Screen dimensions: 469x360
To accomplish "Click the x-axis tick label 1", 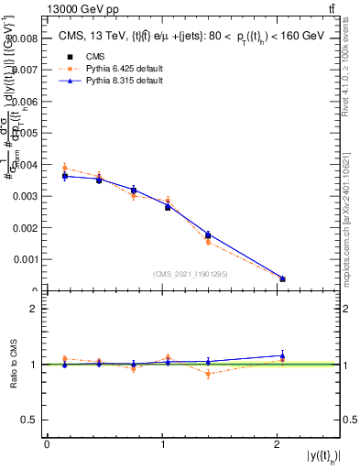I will coord(162,444).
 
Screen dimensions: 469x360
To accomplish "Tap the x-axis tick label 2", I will coord(277,444).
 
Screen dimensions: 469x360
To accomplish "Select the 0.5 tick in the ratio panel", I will coord(31,420).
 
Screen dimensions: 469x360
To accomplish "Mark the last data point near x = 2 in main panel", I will coord(282,278).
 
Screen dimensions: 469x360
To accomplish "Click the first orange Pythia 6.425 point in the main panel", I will coord(64,168).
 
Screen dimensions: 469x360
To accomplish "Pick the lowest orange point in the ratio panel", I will coord(208,374).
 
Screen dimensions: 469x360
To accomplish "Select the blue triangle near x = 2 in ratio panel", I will coord(282,355).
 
